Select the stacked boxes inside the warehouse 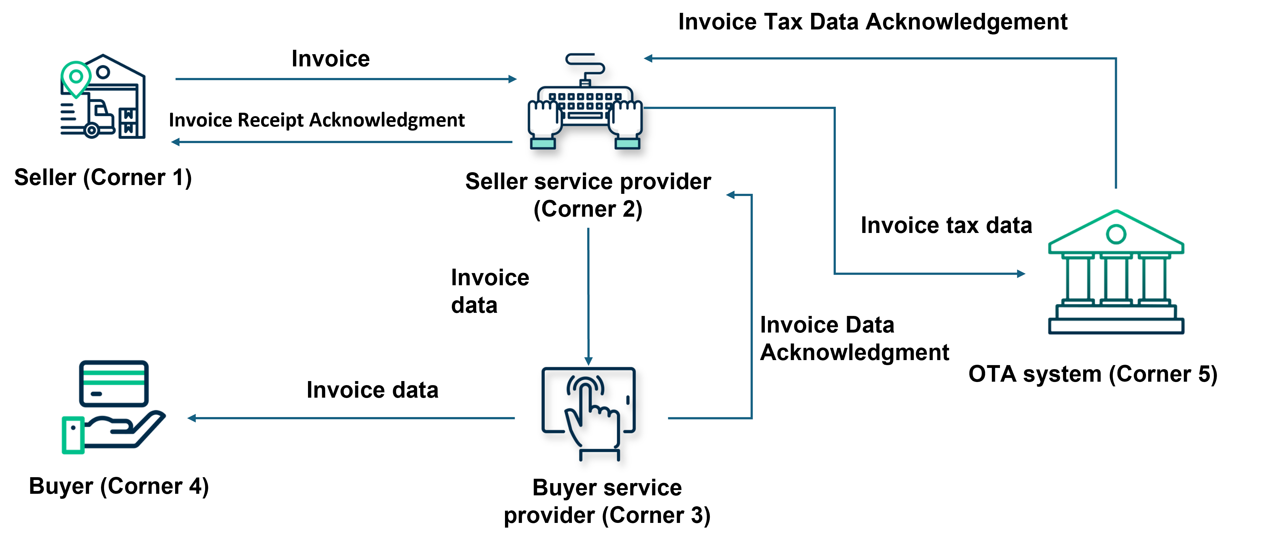[x=128, y=121]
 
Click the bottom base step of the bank [x=1116, y=326]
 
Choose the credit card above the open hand [x=114, y=384]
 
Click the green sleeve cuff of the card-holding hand [x=73, y=435]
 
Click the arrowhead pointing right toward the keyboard [x=512, y=79]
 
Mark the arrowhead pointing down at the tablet [x=588, y=362]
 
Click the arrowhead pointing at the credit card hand [x=192, y=418]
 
